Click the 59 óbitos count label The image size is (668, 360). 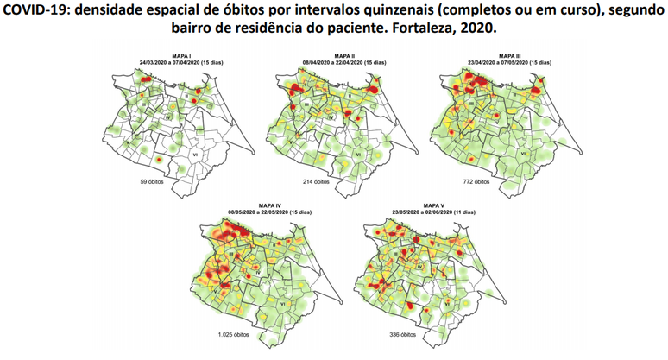point(140,182)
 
